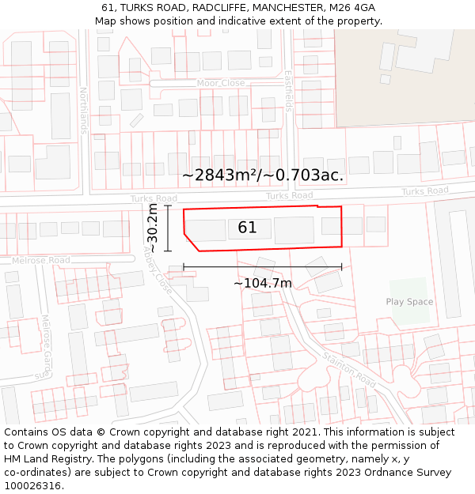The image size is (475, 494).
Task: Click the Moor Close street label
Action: pyautogui.click(x=221, y=83)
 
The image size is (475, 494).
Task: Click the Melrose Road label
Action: pyautogui.click(x=40, y=260)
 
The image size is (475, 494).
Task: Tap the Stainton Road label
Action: pyautogui.click(x=348, y=368)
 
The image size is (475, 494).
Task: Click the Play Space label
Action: pyautogui.click(x=409, y=302)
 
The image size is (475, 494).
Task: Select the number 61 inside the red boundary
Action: pyautogui.click(x=247, y=228)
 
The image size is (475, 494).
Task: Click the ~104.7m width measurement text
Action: pyautogui.click(x=263, y=283)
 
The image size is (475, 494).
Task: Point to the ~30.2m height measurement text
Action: pyautogui.click(x=152, y=228)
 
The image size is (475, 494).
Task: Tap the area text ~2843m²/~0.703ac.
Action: pyautogui.click(x=263, y=175)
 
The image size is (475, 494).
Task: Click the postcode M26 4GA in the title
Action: pyautogui.click(x=352, y=8)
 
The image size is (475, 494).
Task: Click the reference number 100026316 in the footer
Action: pyautogui.click(x=32, y=486)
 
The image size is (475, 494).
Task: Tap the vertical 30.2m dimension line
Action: pyautogui.click(x=169, y=228)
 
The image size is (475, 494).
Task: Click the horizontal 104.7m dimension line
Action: pyautogui.click(x=263, y=267)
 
